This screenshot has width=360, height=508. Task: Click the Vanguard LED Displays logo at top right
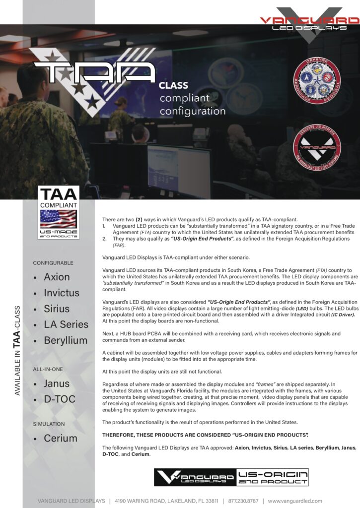[309, 22]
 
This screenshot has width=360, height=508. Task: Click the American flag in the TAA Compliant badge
[58, 218]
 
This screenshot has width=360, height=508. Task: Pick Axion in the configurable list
[57, 277]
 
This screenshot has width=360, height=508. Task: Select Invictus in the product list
[61, 293]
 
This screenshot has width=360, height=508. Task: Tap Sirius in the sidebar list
[57, 309]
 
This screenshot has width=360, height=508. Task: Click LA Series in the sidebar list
[66, 324]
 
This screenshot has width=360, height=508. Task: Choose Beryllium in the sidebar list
[65, 340]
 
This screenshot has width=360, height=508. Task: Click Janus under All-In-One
[57, 383]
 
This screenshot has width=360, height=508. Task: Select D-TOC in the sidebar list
[60, 399]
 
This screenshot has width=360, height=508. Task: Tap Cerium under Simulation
[60, 438]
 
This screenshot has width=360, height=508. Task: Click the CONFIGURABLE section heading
[53, 262]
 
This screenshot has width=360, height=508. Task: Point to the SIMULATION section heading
[49, 424]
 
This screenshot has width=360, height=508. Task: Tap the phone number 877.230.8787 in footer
[243, 501]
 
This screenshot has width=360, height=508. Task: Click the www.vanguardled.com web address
[295, 501]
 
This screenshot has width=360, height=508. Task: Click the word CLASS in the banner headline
[173, 85]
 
